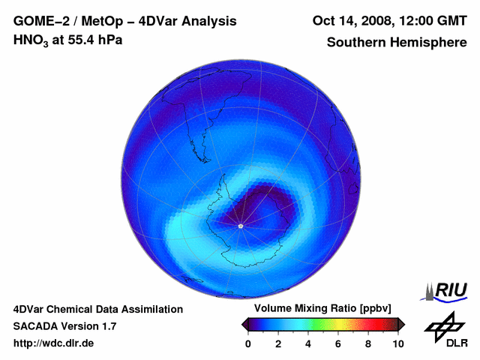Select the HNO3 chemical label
(x=32, y=40)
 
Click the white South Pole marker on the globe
(x=240, y=226)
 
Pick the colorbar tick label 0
(x=248, y=343)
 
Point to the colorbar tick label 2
(x=278, y=343)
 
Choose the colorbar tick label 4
(x=308, y=343)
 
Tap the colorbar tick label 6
(x=338, y=343)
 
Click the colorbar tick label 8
(x=368, y=343)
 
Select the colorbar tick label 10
(x=397, y=343)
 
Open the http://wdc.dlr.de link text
(x=54, y=343)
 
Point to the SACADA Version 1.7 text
(x=64, y=326)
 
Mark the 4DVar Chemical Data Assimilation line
(x=97, y=309)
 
